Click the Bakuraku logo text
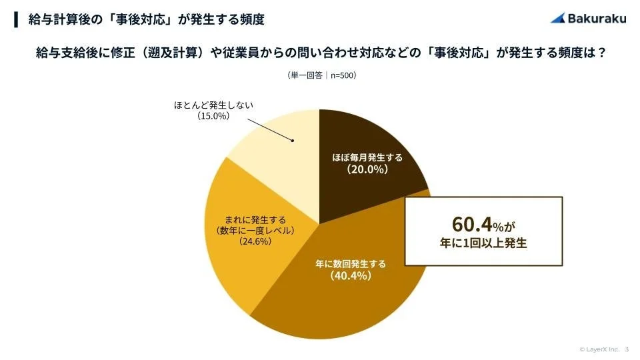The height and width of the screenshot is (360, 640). coord(597,19)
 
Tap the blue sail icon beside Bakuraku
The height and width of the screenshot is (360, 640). coord(558,19)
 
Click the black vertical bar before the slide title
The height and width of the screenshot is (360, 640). coord(16,19)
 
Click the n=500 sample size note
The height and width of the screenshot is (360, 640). coord(340,76)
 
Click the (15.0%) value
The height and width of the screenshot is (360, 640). coord(213,116)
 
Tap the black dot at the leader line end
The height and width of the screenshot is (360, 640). coord(292,141)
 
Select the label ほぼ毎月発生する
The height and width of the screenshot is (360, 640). coord(368,158)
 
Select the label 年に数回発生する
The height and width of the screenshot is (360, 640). coord(350,263)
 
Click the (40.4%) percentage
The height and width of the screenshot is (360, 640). coord(350,275)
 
